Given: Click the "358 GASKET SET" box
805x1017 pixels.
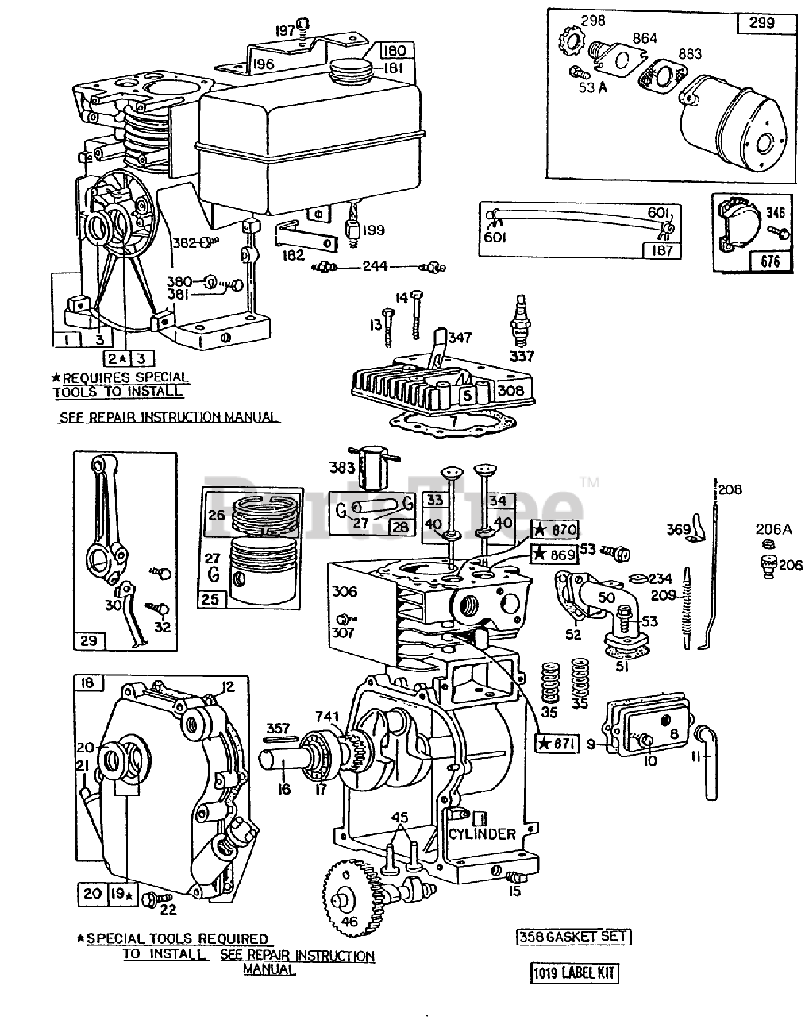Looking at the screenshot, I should (x=573, y=936).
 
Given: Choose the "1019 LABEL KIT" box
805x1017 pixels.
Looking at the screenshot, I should (x=574, y=973).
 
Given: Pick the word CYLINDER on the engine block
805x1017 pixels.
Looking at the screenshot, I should (x=482, y=834).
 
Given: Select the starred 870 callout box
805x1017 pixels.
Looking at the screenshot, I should (x=557, y=530).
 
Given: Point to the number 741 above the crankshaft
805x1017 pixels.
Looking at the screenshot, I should (x=327, y=713).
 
